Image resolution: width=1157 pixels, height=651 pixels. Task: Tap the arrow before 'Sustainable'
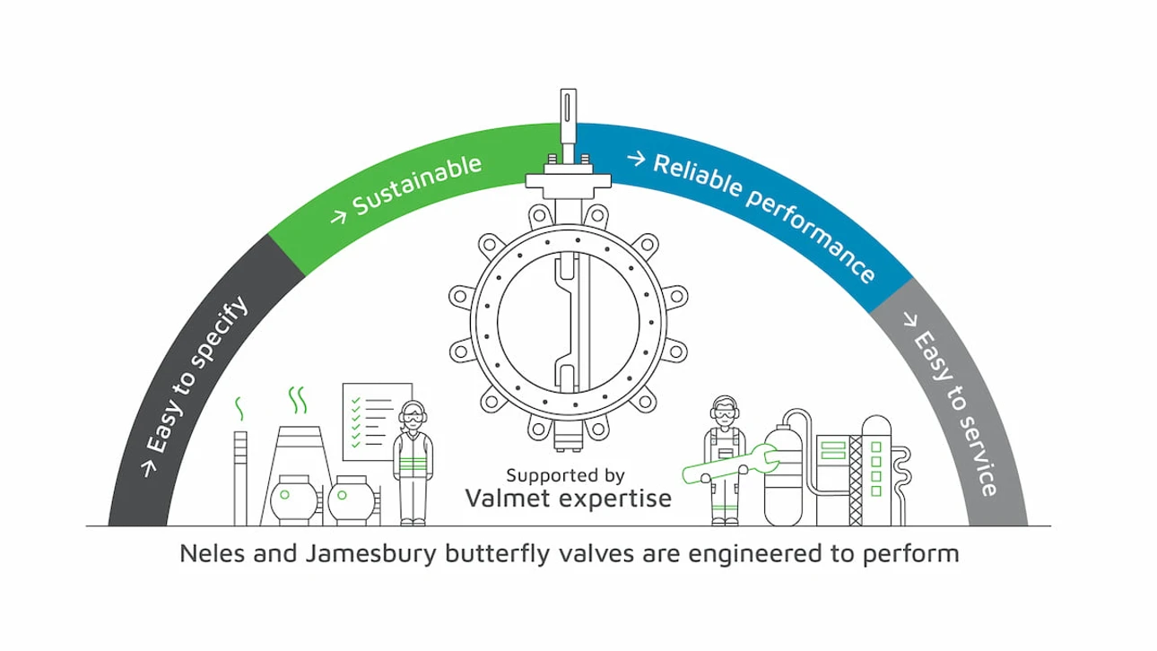[339, 217]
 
